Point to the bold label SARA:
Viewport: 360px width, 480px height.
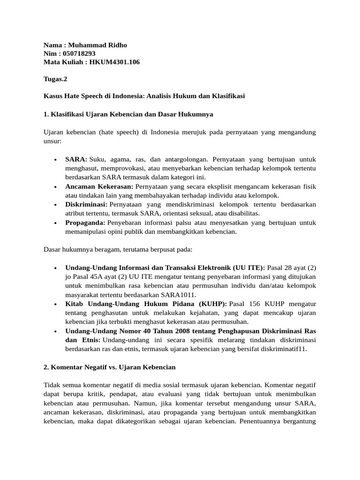tap(76, 160)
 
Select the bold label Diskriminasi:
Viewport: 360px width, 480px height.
tap(86, 205)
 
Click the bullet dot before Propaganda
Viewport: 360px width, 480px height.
tap(55, 223)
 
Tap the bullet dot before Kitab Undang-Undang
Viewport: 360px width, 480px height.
tap(55, 304)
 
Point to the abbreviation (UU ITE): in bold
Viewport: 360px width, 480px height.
tap(248, 268)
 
